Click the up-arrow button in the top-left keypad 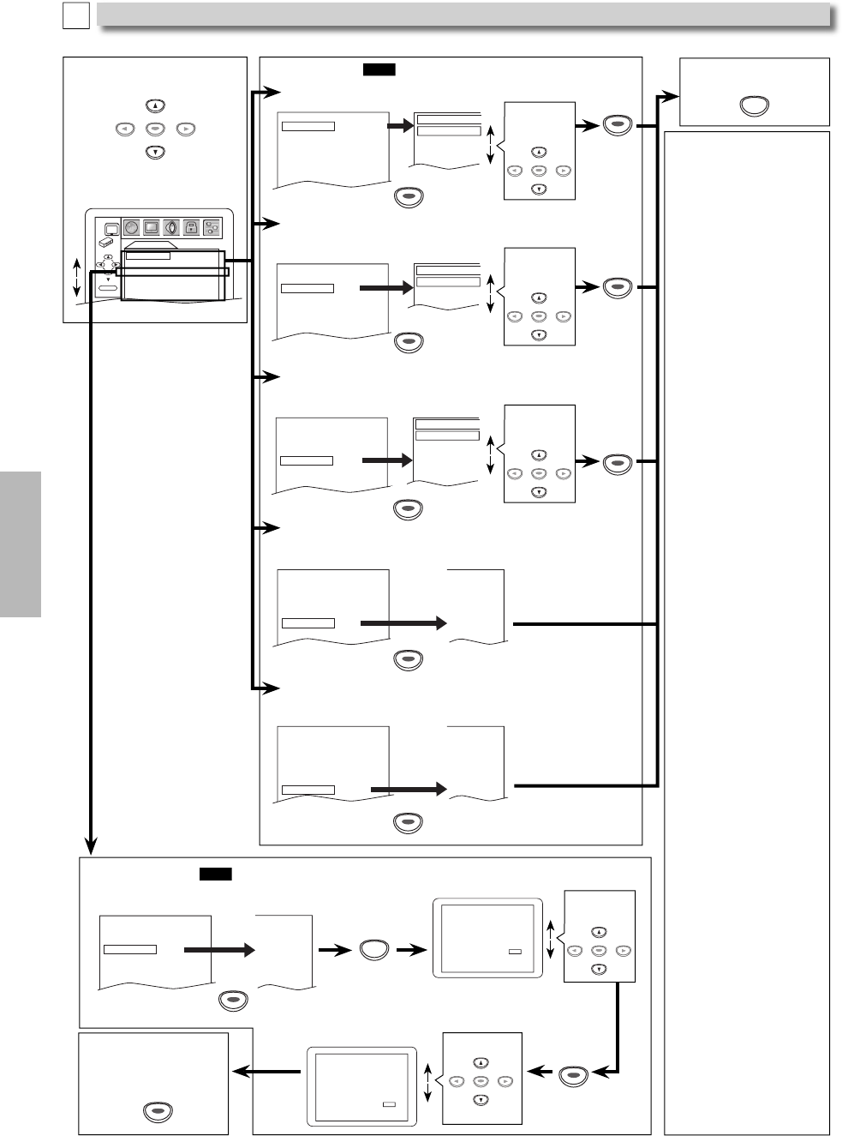pos(154,107)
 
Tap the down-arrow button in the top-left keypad pos(154,153)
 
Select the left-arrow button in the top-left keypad pos(124,130)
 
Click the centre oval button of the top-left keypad pos(154,130)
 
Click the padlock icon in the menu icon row pos(190,228)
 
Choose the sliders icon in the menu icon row pos(212,228)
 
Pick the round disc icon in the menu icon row pos(132,228)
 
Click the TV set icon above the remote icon pos(110,228)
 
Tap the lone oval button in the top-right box pos(753,106)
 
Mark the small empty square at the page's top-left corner pos(75,15)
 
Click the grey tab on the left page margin pos(21,544)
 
